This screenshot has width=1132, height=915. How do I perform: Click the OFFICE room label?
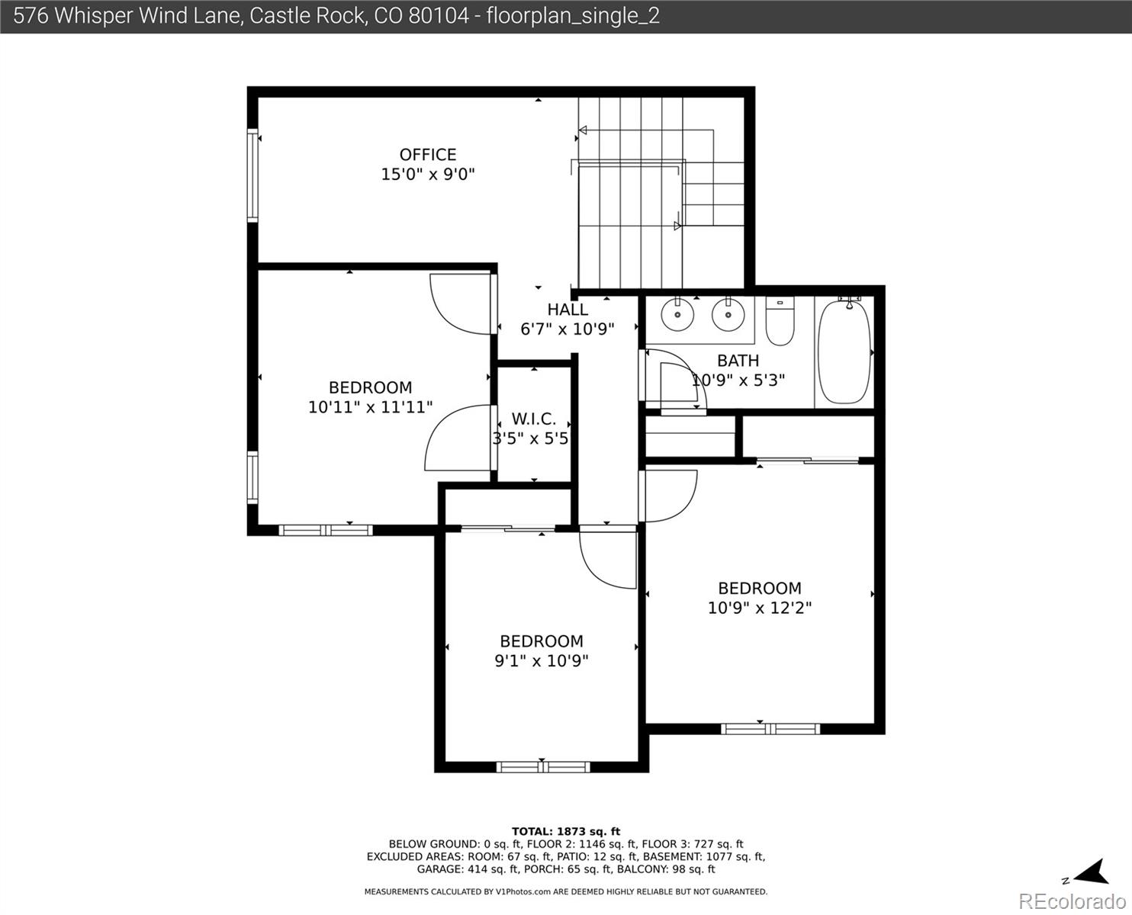[428, 155]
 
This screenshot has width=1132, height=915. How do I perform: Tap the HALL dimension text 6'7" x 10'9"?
[568, 329]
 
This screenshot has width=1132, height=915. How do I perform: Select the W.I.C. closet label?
[533, 419]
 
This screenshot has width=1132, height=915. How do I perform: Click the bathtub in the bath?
[844, 352]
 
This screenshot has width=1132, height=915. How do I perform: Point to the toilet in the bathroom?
[780, 321]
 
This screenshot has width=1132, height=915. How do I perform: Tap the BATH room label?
[738, 361]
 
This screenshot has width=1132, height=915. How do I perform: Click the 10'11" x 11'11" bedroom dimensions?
[370, 407]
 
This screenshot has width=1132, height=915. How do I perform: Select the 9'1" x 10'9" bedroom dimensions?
[542, 661]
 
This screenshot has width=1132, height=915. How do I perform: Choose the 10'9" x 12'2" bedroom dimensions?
[760, 608]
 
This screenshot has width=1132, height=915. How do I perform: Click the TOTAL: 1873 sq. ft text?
[565, 831]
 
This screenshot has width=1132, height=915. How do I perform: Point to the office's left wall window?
[252, 175]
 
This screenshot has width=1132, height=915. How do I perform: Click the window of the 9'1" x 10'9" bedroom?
[542, 766]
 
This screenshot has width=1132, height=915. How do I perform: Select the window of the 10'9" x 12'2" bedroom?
[770, 728]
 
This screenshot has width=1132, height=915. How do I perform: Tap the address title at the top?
[336, 16]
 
